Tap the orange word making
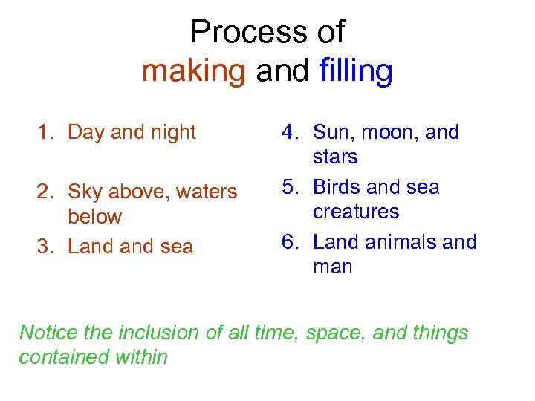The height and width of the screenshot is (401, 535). (193, 71)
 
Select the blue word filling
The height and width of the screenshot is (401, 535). (356, 71)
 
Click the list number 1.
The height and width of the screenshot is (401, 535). (45, 133)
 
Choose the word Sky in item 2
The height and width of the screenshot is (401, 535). (83, 192)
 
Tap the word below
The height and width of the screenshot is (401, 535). (94, 217)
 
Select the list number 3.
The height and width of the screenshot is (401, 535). (45, 247)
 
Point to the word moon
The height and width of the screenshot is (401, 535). (391, 133)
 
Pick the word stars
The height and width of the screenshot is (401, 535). (335, 157)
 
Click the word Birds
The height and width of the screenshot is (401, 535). (340, 187)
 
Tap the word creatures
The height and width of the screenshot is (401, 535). (356, 212)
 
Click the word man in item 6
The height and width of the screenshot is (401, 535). (333, 267)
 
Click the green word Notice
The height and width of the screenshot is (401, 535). (48, 332)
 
